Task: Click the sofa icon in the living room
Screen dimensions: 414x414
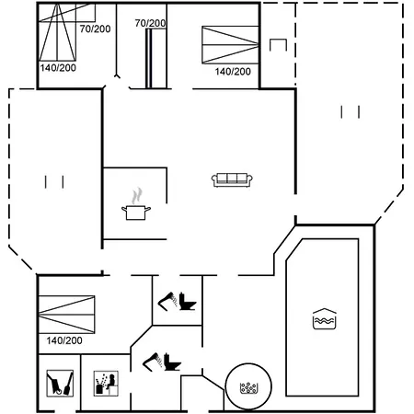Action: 232,179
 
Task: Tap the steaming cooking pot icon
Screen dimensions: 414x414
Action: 136,204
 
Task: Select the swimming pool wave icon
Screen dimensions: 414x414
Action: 325,319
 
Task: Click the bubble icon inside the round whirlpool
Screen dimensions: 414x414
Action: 248,388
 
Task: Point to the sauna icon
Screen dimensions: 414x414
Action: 106,383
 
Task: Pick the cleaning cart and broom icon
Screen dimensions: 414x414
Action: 60,383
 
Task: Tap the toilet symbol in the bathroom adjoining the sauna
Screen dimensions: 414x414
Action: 172,362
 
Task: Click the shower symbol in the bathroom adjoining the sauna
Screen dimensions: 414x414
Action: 153,362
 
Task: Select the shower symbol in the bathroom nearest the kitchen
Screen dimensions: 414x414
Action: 167,301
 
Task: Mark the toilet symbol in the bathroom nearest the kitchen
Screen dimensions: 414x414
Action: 188,302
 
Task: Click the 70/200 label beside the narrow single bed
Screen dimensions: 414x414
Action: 150,23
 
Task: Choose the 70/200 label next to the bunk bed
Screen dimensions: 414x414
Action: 95,29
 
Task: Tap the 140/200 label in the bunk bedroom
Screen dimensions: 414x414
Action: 58,68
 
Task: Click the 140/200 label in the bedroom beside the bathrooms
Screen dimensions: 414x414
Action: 64,340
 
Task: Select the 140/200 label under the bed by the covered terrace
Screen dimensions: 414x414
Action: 233,72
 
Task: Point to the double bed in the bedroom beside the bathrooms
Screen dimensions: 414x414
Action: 67,315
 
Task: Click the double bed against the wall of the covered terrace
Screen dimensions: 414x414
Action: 230,45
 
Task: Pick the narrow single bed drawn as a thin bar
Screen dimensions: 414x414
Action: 149,58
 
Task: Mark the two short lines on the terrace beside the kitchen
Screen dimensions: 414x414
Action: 54,182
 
